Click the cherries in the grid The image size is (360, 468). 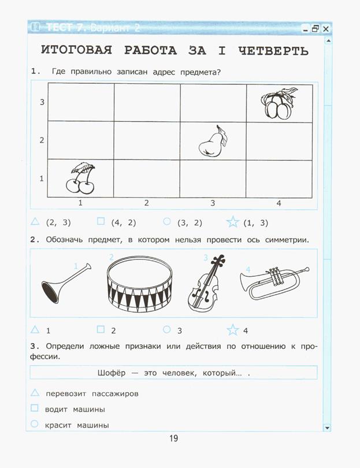point(80,178)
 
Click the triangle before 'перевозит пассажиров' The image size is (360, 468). point(35,393)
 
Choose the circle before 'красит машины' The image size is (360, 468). point(35,424)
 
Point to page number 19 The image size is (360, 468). point(173,439)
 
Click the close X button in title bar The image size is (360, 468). point(326,28)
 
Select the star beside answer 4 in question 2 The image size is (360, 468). point(233,330)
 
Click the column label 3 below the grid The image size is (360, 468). point(213,203)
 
